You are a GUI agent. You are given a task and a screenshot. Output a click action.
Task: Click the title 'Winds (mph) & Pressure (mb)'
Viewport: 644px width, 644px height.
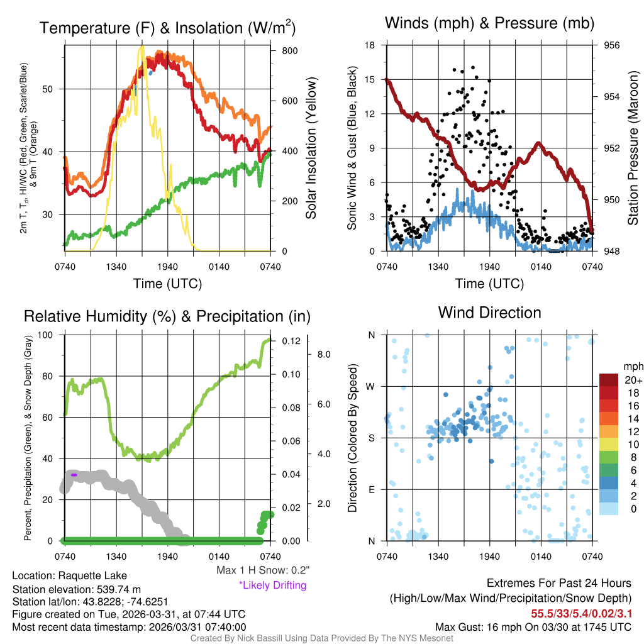pos(489,24)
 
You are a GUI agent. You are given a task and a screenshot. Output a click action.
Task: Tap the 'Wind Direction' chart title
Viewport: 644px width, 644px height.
pos(489,313)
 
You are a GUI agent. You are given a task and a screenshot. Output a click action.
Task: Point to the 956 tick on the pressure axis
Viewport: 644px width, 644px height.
pos(612,45)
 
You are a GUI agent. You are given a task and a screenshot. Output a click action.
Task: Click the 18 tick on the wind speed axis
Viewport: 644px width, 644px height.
pos(370,45)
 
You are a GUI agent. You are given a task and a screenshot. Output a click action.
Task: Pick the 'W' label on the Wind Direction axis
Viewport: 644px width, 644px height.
pos(371,386)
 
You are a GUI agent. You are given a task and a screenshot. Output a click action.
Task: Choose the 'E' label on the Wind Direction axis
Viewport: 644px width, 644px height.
pos(372,489)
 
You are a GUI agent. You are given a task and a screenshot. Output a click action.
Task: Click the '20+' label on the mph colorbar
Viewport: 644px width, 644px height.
pos(633,380)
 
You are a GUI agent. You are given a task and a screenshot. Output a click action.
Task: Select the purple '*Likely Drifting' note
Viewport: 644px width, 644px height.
pos(272,586)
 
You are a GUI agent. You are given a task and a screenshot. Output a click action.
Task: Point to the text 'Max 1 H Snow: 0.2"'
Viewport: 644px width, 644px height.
pos(262,570)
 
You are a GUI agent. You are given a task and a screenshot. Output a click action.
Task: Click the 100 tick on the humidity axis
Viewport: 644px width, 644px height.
pos(49,335)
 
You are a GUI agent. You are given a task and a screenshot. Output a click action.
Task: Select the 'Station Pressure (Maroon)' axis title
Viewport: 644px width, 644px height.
pos(633,148)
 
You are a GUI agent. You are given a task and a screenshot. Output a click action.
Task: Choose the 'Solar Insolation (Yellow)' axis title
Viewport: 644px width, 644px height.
pos(311,148)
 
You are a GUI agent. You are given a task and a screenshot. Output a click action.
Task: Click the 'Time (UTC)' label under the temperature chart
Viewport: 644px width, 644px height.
pos(167,284)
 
